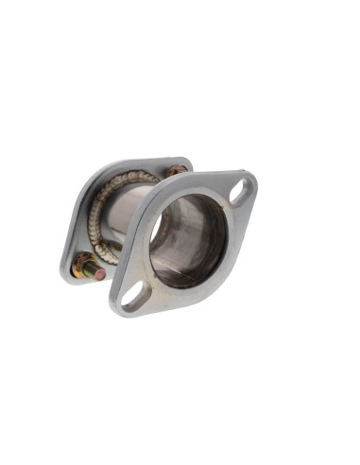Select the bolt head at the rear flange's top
pos(176,172)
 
